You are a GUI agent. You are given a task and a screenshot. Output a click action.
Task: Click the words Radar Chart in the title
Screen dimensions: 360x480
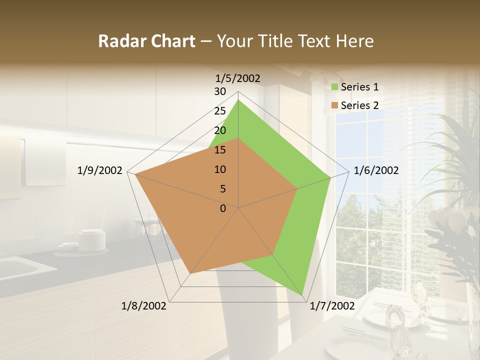[x=146, y=41]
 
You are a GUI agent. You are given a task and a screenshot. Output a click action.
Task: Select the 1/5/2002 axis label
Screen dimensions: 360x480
[x=238, y=78]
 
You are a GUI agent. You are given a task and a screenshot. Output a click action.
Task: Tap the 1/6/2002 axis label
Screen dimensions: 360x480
[x=376, y=170]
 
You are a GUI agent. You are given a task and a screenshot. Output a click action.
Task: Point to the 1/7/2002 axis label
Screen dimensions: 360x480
[x=332, y=306]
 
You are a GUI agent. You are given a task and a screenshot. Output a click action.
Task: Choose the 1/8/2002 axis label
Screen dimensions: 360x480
[x=144, y=306]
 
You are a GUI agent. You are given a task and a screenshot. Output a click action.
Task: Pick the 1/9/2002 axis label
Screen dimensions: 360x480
[x=100, y=170]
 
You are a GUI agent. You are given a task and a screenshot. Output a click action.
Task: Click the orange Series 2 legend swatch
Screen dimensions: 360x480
[x=334, y=105]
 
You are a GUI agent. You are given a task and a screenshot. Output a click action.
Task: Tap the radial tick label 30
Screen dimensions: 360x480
[x=220, y=91]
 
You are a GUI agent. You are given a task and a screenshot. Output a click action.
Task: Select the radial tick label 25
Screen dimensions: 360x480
[x=220, y=111]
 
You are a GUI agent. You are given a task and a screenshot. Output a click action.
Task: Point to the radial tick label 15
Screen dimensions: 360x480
[x=220, y=150]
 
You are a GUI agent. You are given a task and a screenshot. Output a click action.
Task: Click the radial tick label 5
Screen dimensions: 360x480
[x=222, y=189]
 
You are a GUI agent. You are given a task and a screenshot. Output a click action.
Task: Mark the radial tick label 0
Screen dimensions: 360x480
[x=223, y=208]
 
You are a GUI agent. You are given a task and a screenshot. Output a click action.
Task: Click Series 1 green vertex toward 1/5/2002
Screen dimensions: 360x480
[x=238, y=100]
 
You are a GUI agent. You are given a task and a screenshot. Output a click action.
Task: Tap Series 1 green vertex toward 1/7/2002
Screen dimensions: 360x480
[x=302, y=295]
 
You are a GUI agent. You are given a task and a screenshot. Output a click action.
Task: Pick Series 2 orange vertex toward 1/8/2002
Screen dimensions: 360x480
[x=190, y=273]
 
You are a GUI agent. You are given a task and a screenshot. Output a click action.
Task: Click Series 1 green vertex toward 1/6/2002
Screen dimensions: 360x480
[x=330, y=177]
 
